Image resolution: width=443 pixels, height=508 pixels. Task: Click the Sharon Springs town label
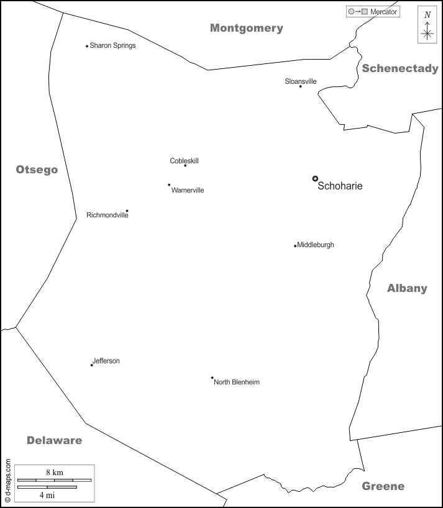(x=112, y=45)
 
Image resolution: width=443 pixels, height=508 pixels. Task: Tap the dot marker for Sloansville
(x=300, y=86)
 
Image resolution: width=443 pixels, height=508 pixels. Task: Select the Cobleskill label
(x=185, y=161)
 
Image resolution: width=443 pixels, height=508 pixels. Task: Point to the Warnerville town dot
(x=169, y=184)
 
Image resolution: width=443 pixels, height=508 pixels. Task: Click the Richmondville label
(x=107, y=215)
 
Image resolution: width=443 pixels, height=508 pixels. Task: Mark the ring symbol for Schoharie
(x=315, y=179)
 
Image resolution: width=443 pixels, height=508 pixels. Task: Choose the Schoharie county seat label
(x=340, y=186)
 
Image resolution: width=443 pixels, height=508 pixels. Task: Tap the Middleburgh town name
(x=316, y=245)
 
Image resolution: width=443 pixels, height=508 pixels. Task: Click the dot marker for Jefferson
(x=92, y=365)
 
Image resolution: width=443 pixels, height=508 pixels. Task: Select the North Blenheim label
(x=237, y=382)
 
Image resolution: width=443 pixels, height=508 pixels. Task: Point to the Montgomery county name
(x=247, y=28)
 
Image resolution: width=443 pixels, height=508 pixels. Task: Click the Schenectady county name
(x=400, y=68)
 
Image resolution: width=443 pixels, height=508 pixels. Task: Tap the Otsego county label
(x=37, y=170)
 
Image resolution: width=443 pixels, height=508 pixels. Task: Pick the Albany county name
(x=407, y=288)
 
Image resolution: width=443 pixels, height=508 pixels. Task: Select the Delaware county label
(x=54, y=440)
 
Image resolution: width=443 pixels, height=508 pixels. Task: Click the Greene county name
(x=383, y=486)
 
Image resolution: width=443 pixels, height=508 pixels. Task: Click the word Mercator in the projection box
(x=383, y=12)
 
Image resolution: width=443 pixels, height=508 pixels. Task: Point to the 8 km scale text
(x=54, y=472)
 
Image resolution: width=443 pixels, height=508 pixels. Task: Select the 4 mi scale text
(x=47, y=495)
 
